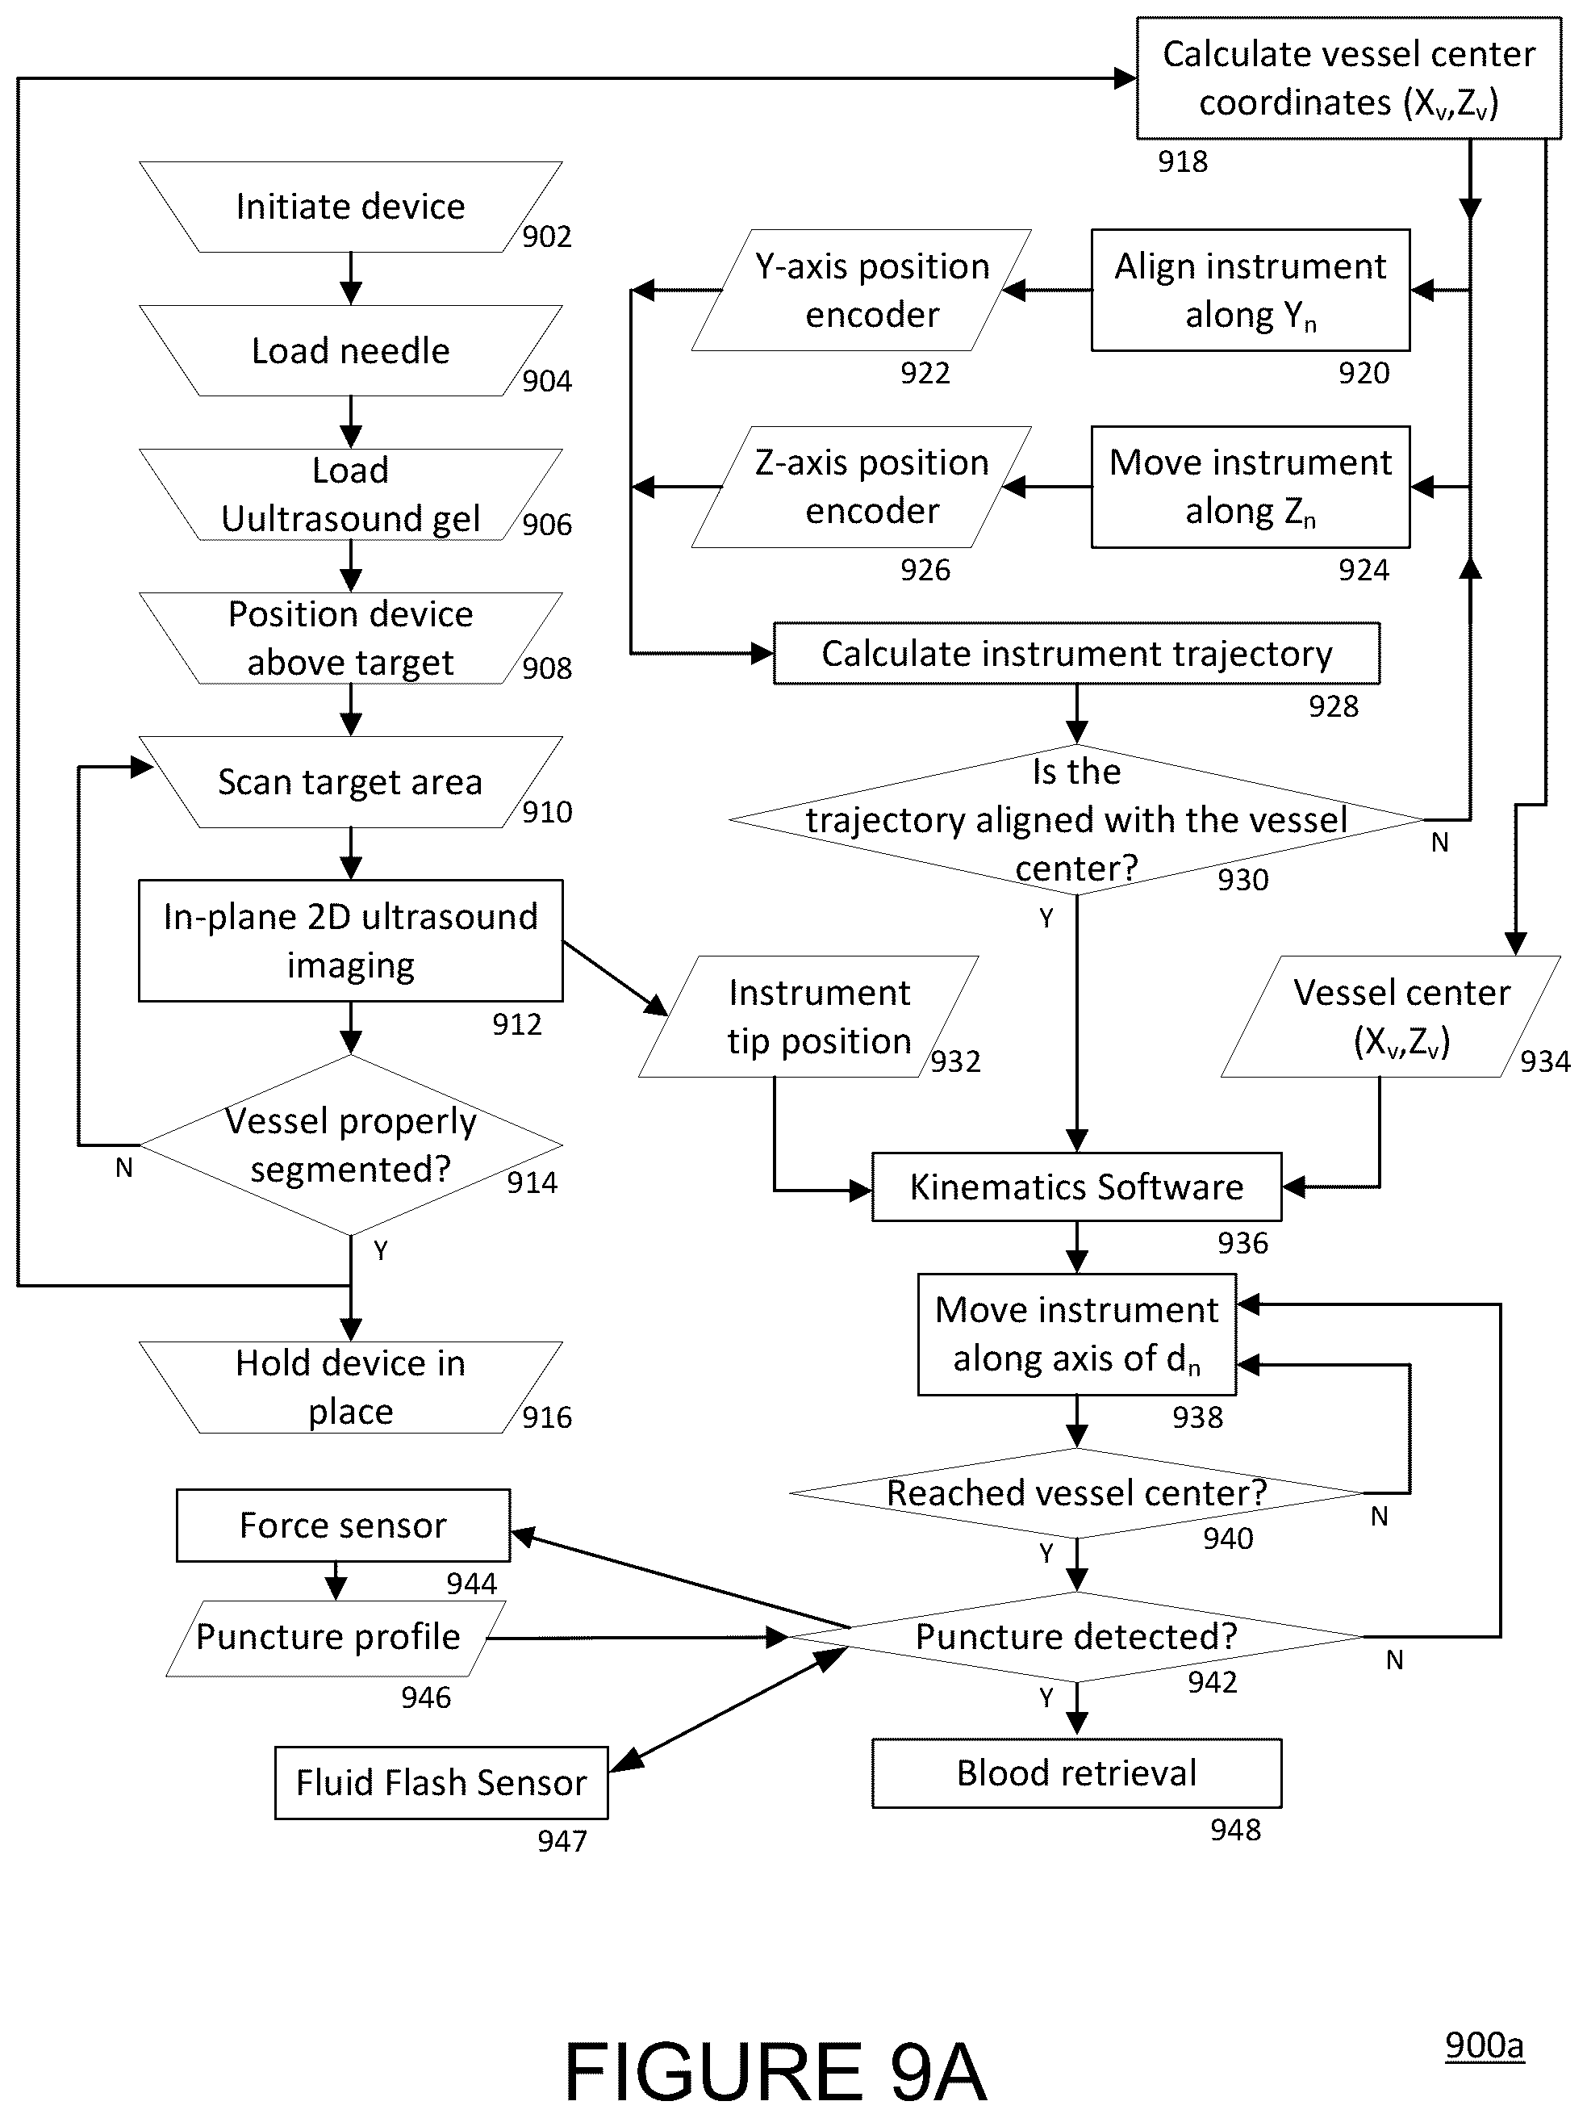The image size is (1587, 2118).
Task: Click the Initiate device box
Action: click(x=350, y=207)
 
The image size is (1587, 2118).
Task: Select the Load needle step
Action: click(x=350, y=350)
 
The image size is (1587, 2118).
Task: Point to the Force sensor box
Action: click(x=343, y=1526)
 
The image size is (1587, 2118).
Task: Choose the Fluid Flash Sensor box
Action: click(x=441, y=1783)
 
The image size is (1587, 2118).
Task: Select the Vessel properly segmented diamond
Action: click(x=350, y=1145)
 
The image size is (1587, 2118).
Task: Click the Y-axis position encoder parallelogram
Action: click(x=862, y=290)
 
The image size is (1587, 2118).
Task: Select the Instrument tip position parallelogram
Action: click(x=808, y=1016)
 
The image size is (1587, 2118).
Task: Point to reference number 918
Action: click(x=1183, y=161)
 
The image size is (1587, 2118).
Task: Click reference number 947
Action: click(x=562, y=1840)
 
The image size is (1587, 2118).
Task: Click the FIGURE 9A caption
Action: click(x=775, y=2070)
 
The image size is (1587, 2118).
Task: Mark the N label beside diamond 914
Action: click(x=123, y=1168)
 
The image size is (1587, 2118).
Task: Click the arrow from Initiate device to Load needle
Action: click(x=351, y=278)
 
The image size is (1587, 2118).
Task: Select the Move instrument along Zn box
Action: click(x=1250, y=488)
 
